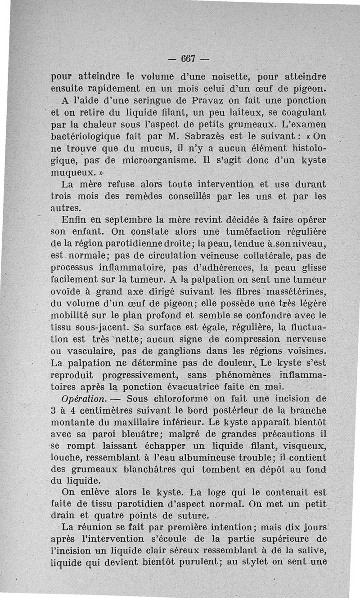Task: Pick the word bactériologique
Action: coord(95,136)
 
